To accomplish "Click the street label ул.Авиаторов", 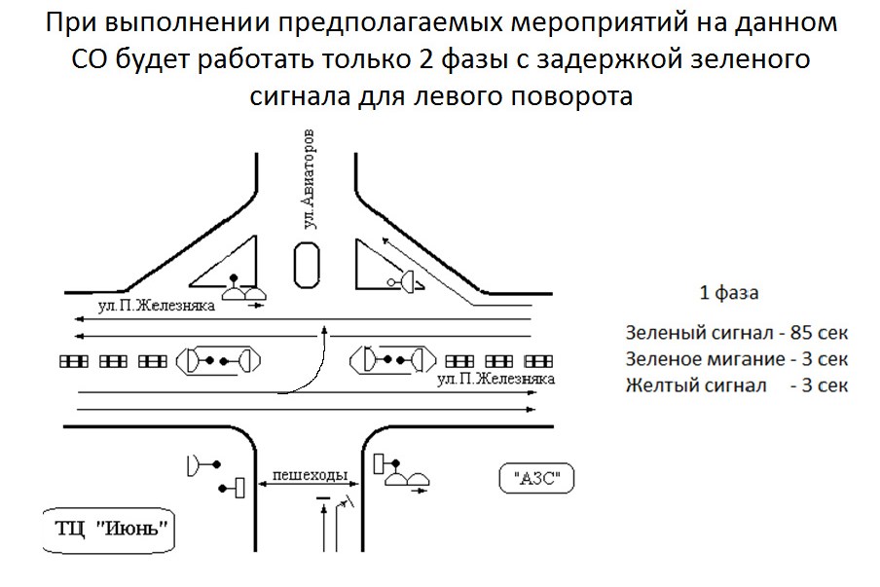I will coord(311,177).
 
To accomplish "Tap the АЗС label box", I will coord(536,479).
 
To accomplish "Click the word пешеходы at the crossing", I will coord(310,475).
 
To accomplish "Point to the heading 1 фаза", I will coord(729,292).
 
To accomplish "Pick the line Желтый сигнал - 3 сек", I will coord(737,385).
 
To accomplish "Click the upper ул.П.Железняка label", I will coord(157,306).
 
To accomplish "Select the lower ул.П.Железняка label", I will coord(497,378).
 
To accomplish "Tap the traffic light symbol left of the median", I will coord(220,360).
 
